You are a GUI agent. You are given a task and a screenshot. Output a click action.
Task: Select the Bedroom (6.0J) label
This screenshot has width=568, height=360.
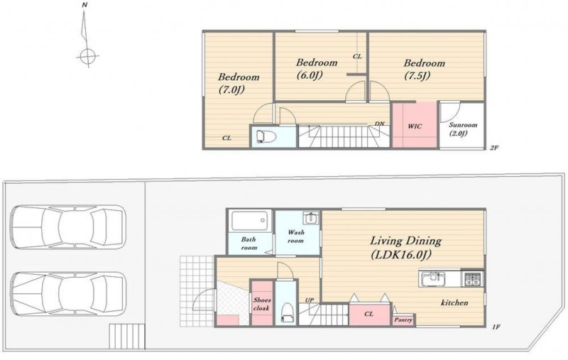click(x=316, y=68)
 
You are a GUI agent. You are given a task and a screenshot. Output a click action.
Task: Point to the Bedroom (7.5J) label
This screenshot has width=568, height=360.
click(x=424, y=69)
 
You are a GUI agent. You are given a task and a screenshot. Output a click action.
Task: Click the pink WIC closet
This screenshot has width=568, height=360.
click(x=415, y=124)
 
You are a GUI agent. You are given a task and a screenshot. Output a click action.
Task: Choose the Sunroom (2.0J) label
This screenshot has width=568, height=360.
click(x=463, y=129)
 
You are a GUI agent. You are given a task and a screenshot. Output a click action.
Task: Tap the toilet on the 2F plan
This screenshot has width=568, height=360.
click(x=266, y=136)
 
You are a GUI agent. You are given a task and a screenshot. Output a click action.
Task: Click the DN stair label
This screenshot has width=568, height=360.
click(x=379, y=124)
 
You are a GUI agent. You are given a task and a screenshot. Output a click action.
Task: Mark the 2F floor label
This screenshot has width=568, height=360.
click(x=494, y=148)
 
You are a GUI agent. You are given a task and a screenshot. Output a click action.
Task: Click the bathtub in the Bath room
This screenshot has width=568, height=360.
click(x=249, y=221)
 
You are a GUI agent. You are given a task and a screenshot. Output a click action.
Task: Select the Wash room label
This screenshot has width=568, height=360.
click(x=295, y=236)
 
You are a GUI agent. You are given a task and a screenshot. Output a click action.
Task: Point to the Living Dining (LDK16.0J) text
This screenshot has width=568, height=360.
click(x=405, y=248)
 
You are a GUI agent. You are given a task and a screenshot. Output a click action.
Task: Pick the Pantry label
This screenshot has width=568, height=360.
click(x=403, y=320)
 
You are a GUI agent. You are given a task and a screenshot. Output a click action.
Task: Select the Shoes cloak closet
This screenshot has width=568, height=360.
click(x=261, y=302)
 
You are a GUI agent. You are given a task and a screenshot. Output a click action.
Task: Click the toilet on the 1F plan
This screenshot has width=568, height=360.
click(x=288, y=312)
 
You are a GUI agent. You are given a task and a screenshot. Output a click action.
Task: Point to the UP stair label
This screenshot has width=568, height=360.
click(x=310, y=300)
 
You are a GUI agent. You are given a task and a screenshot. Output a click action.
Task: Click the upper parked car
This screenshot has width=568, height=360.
click(x=67, y=227)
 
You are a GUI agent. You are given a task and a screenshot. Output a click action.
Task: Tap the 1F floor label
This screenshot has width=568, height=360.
click(x=496, y=327)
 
